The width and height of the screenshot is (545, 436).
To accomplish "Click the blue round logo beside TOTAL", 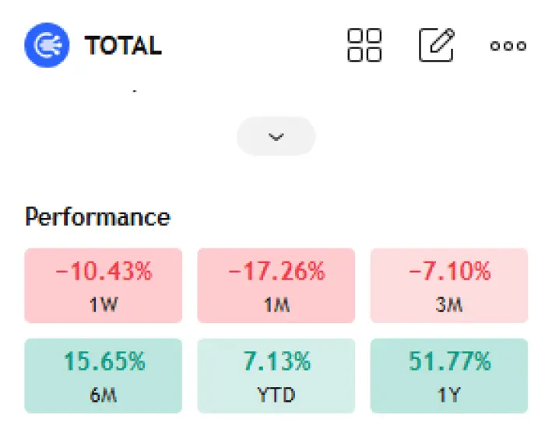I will coord(47,45).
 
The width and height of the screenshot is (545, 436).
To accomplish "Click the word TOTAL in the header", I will coord(123,46).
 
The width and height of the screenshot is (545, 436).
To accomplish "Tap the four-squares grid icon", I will coord(364,45).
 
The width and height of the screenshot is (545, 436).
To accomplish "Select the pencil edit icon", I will coord(437,45).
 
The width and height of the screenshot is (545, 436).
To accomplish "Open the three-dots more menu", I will coord(508,46).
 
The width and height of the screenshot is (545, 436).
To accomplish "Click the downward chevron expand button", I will coord(276,136).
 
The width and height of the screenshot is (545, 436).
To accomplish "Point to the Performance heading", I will coord(97,216).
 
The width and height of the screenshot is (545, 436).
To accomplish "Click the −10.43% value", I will coord(104,272).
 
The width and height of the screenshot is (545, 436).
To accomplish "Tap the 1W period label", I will coord(104,304).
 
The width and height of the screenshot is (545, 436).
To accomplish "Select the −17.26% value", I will coord(276,272).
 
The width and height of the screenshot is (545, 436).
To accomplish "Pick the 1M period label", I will coord(276,304).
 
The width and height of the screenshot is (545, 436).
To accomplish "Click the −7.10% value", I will coord(449,272).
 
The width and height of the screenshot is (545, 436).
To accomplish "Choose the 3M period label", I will coord(449,304).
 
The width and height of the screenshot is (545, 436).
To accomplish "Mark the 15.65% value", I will coord(104,362).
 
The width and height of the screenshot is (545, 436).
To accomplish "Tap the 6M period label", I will coord(104,395).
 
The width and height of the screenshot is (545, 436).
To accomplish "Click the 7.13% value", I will coord(276,362).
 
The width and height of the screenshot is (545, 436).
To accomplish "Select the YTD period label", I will coord(276,395).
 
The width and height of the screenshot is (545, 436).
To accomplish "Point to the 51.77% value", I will coord(449,362).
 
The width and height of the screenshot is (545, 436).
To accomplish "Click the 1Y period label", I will coord(449,395).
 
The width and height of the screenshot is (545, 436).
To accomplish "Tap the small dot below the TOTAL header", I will coord(134,91).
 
